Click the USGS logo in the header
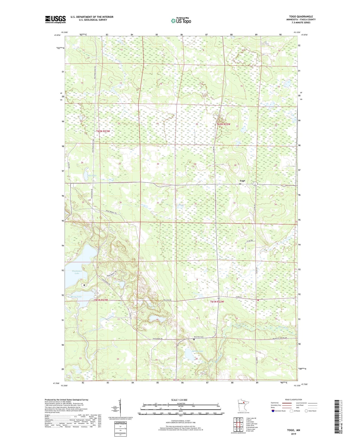[x=55, y=19]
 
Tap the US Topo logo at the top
[x=181, y=21]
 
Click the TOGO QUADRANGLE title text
[x=301, y=17]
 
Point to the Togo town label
[x=242, y=181]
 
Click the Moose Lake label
[x=76, y=297]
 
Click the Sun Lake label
[x=85, y=175]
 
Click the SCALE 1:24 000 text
[x=179, y=400]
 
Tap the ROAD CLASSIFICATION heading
[x=293, y=400]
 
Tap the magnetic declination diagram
[x=120, y=408]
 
